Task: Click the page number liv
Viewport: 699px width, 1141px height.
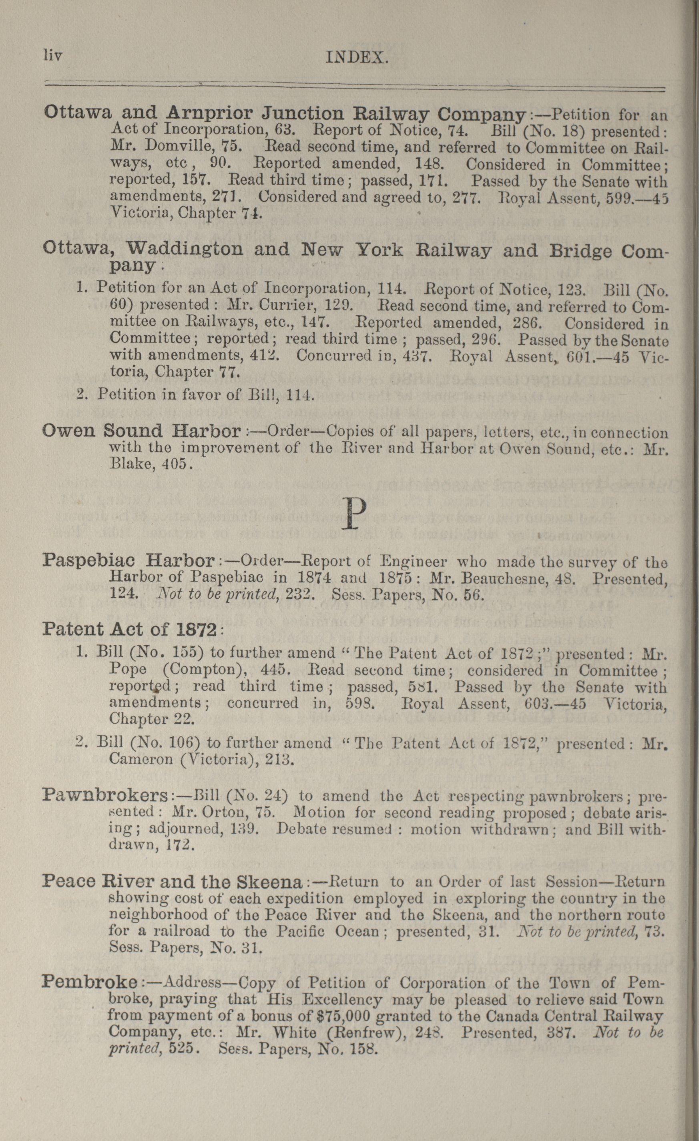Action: point(52,56)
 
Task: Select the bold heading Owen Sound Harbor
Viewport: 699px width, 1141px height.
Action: point(142,432)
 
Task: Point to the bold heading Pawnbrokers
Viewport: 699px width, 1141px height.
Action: point(106,796)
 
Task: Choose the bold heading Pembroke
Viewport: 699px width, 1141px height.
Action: point(90,992)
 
